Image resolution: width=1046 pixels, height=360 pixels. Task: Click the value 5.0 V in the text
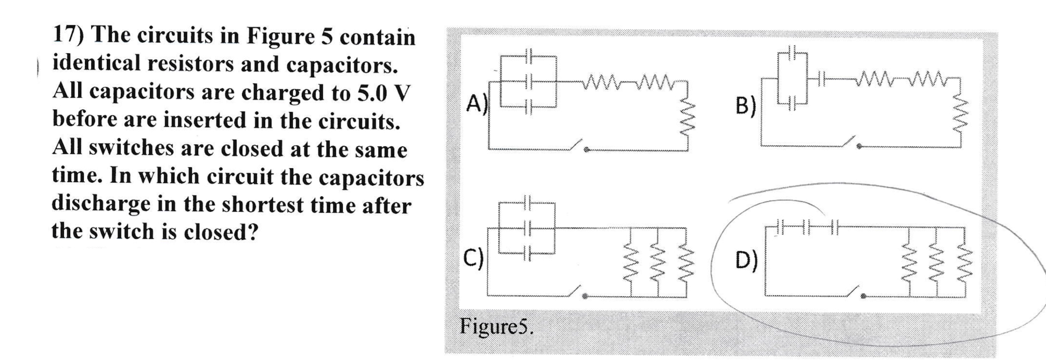(383, 93)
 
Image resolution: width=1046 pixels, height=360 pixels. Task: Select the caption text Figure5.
(496, 327)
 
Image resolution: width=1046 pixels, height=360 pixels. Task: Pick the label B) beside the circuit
(745, 106)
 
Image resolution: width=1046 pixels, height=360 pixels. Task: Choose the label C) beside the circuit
(473, 257)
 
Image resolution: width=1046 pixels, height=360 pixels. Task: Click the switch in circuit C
(577, 292)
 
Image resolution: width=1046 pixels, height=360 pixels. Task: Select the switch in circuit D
(855, 292)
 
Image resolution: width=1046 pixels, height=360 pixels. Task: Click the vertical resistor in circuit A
(688, 119)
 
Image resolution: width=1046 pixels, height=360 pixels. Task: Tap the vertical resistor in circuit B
(960, 117)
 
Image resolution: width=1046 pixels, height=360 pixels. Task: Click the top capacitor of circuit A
(528, 56)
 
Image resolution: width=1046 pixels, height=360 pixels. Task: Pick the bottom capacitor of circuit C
(527, 253)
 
